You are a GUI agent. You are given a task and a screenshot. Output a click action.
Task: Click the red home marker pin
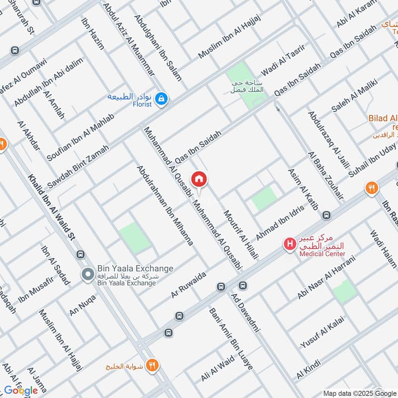click(x=199, y=179)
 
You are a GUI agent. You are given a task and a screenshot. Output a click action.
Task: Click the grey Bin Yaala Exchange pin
click(x=88, y=274)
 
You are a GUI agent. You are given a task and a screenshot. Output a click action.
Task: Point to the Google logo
click(x=21, y=391)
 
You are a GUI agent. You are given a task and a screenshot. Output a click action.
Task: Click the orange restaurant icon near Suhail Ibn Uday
click(x=371, y=188)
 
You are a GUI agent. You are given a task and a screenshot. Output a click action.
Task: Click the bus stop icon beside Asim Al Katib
click(x=326, y=215)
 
